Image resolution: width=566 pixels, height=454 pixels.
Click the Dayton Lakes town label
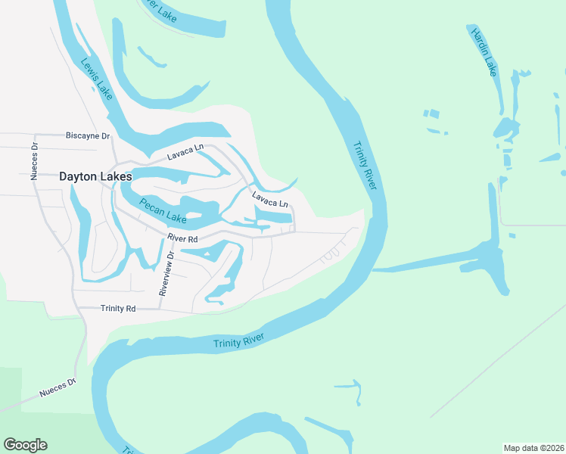point(95,176)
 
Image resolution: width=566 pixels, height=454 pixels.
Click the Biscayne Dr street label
point(88,136)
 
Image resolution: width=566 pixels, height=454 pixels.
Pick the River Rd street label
point(182,238)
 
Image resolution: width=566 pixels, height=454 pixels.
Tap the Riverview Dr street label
point(166,273)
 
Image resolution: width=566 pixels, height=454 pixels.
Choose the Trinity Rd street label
point(118,309)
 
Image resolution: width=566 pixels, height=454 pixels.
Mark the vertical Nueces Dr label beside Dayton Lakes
point(34,162)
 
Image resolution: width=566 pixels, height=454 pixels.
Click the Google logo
point(25,445)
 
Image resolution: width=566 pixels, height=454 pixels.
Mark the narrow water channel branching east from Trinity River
point(431,260)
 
